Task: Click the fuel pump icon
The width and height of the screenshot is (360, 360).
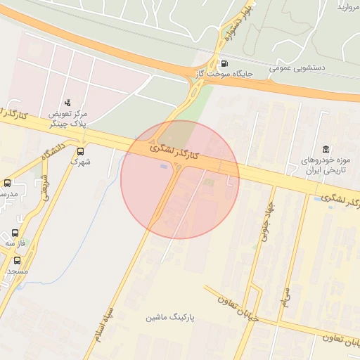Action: pyautogui.click(x=224, y=62)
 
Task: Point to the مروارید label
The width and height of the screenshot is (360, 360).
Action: pyautogui.click(x=349, y=7)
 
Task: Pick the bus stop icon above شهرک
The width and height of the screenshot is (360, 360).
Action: pyautogui.click(x=81, y=150)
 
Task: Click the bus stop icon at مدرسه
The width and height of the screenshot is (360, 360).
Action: pyautogui.click(x=8, y=184)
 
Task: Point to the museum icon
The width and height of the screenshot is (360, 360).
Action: pyautogui.click(x=326, y=149)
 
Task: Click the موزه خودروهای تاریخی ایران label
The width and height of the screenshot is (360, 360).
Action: pyautogui.click(x=330, y=166)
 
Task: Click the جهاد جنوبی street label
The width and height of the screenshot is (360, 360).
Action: pyautogui.click(x=265, y=224)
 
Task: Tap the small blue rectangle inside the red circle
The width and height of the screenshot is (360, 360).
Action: pyautogui.click(x=165, y=167)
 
